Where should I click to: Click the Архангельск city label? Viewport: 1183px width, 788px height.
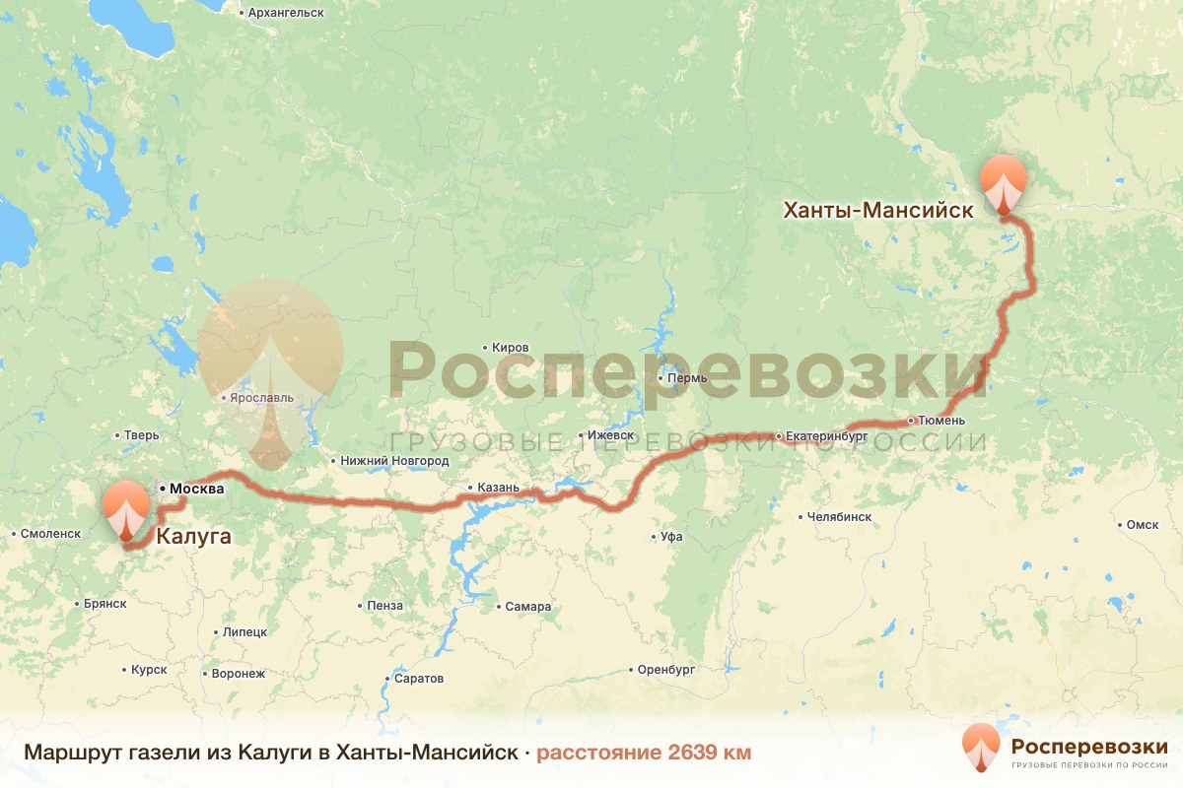287,12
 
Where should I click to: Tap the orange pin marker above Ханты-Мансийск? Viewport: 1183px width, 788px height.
1004,182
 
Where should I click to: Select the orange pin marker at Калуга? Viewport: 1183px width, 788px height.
126,507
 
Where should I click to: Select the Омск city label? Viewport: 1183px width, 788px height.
1143,525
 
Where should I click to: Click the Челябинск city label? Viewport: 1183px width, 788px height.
839,516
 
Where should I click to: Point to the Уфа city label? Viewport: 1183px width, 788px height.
672,537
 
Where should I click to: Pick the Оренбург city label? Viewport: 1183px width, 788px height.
666,669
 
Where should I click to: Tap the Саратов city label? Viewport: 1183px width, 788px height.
419,679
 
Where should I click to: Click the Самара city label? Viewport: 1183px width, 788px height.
527,607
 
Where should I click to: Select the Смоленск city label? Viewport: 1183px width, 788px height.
50,533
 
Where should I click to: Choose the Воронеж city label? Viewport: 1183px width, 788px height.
239,675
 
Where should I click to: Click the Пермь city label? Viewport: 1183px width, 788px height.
686,378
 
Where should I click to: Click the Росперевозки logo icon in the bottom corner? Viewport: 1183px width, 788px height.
981,746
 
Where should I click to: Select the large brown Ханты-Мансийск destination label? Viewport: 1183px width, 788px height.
877,210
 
